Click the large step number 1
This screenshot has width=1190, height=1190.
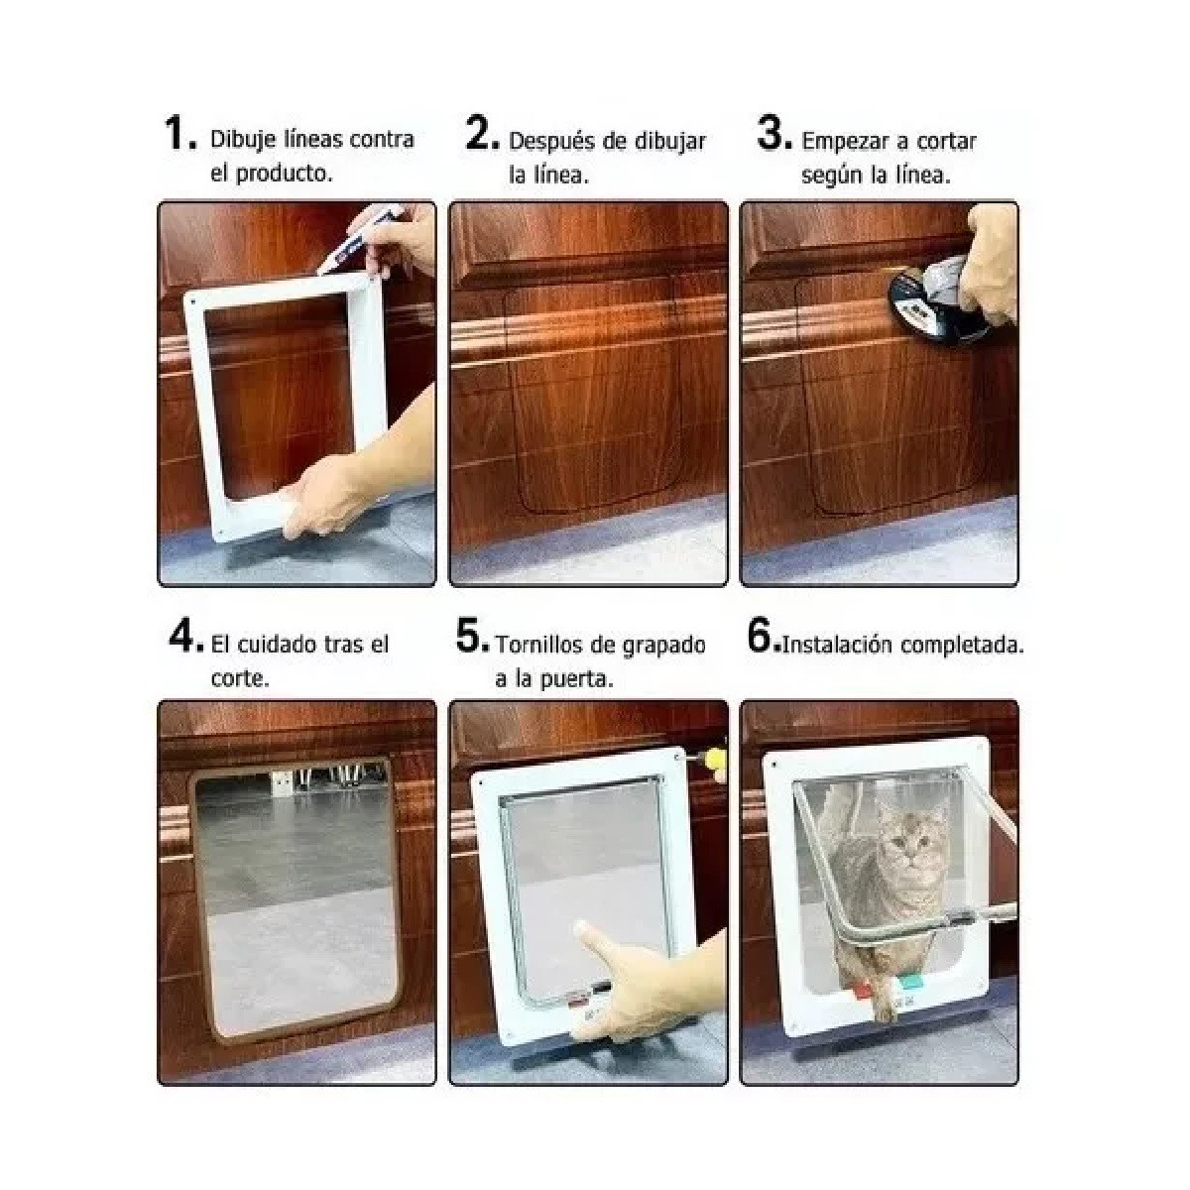(178, 135)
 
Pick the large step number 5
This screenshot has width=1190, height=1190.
(471, 637)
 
